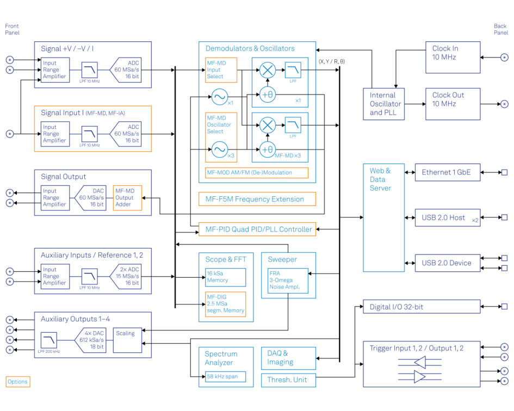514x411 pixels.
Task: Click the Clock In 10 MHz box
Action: (x=453, y=57)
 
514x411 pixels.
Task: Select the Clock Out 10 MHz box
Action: (x=453, y=104)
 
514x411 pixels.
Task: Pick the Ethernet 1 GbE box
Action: (x=447, y=172)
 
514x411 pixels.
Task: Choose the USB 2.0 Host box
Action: (x=447, y=217)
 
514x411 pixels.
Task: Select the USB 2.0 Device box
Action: (x=447, y=263)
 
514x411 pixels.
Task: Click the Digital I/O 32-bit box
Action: (x=422, y=307)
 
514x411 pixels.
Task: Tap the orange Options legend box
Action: (x=17, y=382)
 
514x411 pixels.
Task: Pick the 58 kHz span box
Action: (x=225, y=376)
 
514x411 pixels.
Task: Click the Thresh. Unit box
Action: (x=288, y=379)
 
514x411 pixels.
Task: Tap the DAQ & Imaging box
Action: (x=288, y=358)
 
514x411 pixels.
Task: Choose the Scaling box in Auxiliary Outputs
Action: (x=127, y=340)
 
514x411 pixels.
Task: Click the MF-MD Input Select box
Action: (x=221, y=70)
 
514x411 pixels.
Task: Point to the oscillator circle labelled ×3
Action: (x=219, y=149)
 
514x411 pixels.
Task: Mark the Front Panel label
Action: (x=12, y=29)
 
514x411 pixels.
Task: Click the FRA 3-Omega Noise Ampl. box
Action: (x=288, y=280)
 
